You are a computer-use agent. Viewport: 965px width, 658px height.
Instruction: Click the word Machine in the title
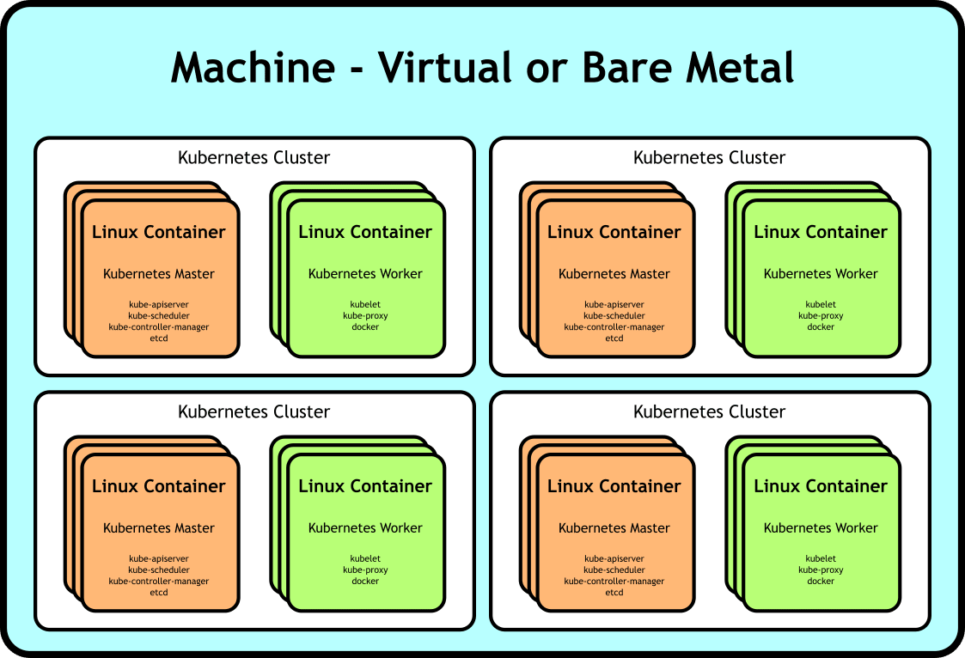(253, 67)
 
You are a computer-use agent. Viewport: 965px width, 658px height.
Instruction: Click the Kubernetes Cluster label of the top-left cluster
(253, 157)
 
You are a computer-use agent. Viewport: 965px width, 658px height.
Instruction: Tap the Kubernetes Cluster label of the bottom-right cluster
(709, 411)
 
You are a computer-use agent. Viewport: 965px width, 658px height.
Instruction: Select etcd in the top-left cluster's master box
(159, 338)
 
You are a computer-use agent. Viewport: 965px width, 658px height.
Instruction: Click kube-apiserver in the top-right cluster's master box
(614, 304)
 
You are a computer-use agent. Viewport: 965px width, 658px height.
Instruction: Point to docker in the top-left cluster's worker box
(365, 326)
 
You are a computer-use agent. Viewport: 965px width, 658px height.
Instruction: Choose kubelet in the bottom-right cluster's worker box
(821, 558)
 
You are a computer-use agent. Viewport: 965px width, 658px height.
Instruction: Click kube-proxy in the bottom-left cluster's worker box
(365, 570)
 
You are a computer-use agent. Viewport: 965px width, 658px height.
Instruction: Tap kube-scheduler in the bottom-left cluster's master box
(159, 570)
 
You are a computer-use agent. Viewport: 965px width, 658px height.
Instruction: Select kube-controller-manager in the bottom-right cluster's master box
(614, 582)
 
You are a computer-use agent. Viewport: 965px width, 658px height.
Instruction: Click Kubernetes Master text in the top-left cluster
(159, 274)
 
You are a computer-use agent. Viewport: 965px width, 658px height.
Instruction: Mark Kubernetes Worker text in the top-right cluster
(821, 274)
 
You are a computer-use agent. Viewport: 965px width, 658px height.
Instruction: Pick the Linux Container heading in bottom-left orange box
(159, 486)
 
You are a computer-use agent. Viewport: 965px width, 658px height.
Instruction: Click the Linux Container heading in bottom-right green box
(821, 486)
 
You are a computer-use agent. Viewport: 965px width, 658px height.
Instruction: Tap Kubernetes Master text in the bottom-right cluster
(614, 527)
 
